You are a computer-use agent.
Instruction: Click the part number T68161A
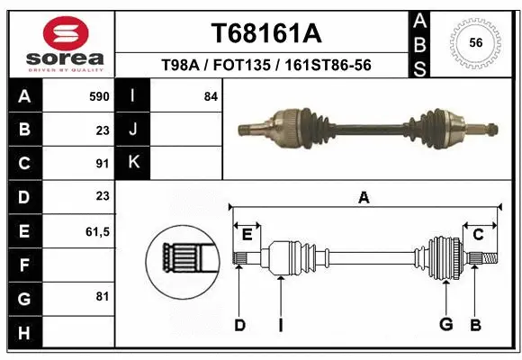[x=265, y=33]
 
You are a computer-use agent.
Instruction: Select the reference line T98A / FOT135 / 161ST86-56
[x=265, y=66]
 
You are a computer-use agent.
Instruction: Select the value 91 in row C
[x=102, y=163]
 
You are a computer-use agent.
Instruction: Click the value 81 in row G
[x=102, y=296]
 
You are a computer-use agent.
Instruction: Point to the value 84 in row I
[x=211, y=95]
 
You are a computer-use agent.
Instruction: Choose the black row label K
[x=134, y=163]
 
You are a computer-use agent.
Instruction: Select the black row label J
[x=134, y=130]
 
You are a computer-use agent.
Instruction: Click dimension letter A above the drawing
[x=364, y=198]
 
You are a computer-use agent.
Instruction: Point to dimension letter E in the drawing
[x=246, y=234]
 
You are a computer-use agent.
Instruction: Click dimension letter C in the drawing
[x=479, y=234]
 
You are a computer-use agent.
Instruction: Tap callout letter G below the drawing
[x=445, y=325]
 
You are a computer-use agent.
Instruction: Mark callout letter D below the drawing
[x=239, y=325]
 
